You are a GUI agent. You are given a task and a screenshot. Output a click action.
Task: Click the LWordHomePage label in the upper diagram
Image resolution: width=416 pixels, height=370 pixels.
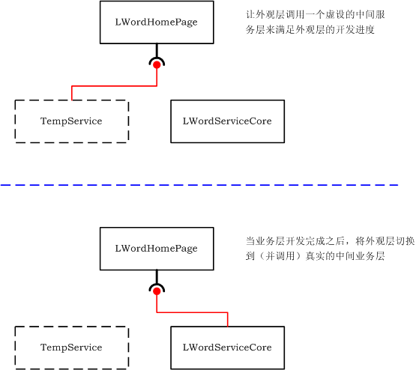pyautogui.click(x=156, y=22)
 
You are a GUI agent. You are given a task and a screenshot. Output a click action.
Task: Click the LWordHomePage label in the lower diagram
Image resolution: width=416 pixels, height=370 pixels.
pyautogui.click(x=156, y=249)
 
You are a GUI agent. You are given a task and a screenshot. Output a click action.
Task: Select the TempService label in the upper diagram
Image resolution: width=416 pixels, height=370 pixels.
pyautogui.click(x=71, y=121)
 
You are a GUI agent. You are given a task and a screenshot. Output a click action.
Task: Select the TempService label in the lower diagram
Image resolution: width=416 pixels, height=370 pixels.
pyautogui.click(x=71, y=348)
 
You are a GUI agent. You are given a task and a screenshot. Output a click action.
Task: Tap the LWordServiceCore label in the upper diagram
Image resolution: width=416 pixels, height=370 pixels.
pyautogui.click(x=227, y=121)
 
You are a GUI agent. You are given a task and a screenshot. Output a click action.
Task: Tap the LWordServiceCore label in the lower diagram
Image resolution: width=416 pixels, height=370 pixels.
pyautogui.click(x=227, y=348)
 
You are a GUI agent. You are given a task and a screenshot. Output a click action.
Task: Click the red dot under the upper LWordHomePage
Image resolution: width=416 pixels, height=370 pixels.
pyautogui.click(x=157, y=65)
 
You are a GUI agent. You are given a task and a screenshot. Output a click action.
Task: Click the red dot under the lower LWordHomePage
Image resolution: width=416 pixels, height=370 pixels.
pyautogui.click(x=157, y=291)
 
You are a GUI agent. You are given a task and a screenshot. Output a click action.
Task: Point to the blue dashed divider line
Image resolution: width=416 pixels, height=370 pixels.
pyautogui.click(x=199, y=185)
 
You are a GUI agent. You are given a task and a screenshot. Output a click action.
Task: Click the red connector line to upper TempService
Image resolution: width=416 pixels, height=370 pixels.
pyautogui.click(x=114, y=86)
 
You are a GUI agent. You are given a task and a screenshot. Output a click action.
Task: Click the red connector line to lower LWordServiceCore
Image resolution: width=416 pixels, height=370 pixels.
pyautogui.click(x=192, y=312)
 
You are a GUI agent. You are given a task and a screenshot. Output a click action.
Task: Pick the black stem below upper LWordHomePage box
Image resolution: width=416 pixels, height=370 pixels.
pyautogui.click(x=157, y=50)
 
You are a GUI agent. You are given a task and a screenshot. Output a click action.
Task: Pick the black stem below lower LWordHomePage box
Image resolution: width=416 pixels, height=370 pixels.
pyautogui.click(x=157, y=276)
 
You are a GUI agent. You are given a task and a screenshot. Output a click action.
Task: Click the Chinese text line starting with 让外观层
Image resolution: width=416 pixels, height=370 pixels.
pyautogui.click(x=315, y=14)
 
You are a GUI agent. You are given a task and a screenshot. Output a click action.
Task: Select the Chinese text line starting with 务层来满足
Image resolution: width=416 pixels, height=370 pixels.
pyautogui.click(x=310, y=30)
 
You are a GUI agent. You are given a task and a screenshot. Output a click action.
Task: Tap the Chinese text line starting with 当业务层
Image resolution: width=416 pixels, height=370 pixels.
pyautogui.click(x=330, y=241)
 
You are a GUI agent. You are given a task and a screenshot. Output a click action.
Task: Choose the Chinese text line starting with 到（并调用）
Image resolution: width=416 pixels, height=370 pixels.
pyautogui.click(x=315, y=256)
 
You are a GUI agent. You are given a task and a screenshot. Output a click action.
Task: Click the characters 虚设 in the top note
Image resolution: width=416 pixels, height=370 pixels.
pyautogui.click(x=335, y=14)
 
